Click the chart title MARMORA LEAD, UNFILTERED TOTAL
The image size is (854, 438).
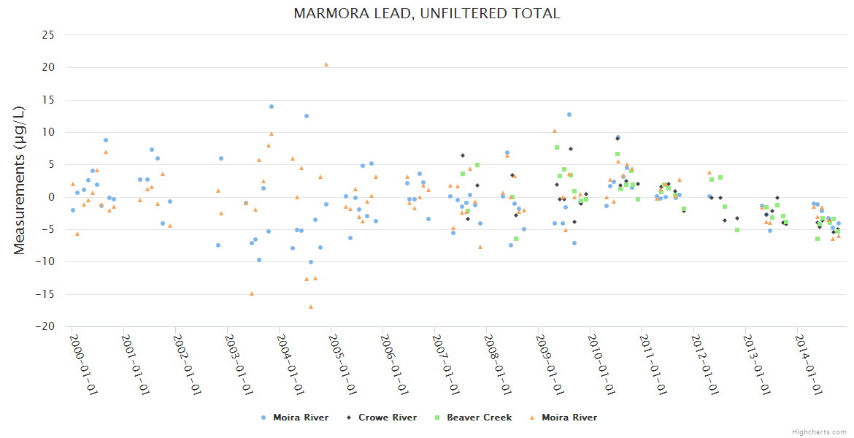point(427,13)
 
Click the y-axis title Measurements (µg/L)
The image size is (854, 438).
point(20,180)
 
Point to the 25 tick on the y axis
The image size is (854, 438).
point(49,35)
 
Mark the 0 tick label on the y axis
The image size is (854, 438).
point(52,197)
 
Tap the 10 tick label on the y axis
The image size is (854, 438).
point(49,132)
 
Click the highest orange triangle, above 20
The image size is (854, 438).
point(326,64)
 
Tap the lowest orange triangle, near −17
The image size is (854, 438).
point(311,307)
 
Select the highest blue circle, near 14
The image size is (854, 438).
point(272,107)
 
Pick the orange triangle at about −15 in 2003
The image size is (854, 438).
point(252,293)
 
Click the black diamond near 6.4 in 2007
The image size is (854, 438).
point(463,155)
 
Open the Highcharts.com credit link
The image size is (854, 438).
point(819,431)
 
